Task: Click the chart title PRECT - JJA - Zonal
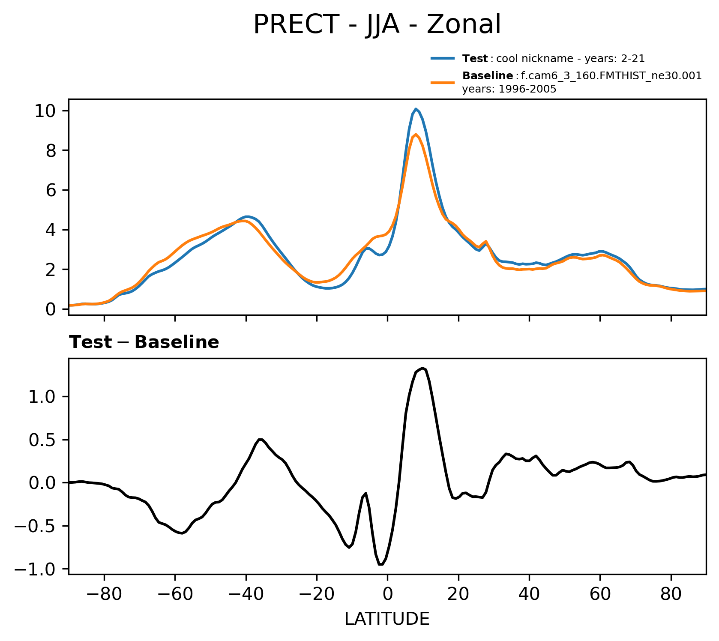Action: [377, 24]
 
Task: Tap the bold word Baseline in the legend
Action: [488, 76]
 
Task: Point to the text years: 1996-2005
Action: [509, 89]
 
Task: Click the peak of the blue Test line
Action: [416, 109]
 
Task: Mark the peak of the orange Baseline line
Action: [416, 135]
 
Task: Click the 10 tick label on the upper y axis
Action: [45, 111]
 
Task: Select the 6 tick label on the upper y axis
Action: [51, 190]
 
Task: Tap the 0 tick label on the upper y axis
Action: [51, 309]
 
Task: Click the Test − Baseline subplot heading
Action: [144, 342]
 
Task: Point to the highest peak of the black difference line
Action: [422, 368]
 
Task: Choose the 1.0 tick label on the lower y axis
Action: [41, 397]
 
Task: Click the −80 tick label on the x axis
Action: [104, 596]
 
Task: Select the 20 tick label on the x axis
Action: [458, 596]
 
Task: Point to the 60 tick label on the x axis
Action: [600, 596]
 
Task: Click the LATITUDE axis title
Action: [387, 619]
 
